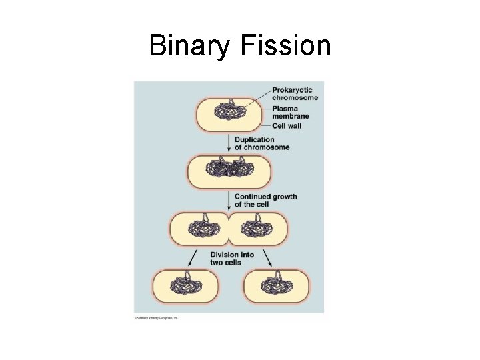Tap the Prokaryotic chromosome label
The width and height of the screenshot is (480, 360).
coord(295,93)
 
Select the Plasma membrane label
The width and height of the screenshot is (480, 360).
coord(291,112)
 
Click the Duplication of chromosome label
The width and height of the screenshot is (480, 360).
coord(263,143)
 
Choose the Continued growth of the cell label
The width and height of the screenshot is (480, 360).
coord(265,200)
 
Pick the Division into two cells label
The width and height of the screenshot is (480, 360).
coord(231,258)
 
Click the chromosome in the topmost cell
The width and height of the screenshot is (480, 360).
coord(230,113)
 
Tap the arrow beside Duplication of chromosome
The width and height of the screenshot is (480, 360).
coord(229,143)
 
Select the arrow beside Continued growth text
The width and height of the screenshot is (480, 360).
coord(229,200)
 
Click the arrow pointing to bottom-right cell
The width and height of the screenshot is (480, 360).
coord(269,257)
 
